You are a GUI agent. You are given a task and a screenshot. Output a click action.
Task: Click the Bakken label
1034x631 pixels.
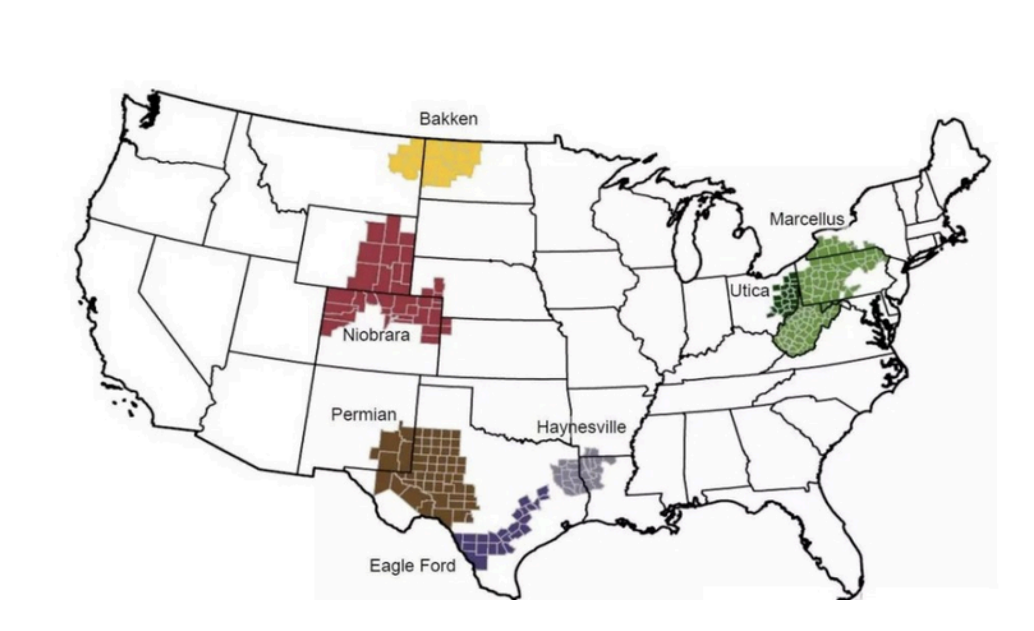click(x=448, y=119)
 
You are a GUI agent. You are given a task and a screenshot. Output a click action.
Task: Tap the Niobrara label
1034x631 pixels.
click(x=376, y=335)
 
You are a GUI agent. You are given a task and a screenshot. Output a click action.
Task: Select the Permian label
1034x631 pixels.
click(x=364, y=414)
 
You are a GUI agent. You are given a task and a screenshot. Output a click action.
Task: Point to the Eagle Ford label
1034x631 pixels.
click(x=413, y=565)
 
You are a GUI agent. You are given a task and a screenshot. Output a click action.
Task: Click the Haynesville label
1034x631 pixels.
click(x=581, y=427)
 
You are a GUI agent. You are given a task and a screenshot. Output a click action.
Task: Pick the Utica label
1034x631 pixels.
click(x=749, y=290)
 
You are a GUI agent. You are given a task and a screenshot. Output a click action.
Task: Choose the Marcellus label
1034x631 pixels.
click(x=806, y=219)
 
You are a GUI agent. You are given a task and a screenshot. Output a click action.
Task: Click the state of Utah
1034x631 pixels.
click(x=274, y=309)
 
